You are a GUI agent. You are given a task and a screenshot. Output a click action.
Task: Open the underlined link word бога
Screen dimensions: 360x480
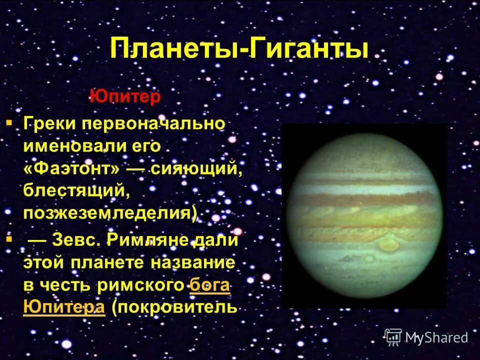click(x=210, y=285)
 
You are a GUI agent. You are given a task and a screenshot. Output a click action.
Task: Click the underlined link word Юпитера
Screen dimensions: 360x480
click(x=63, y=307)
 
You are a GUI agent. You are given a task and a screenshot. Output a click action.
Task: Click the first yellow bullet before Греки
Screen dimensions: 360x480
click(x=9, y=122)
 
